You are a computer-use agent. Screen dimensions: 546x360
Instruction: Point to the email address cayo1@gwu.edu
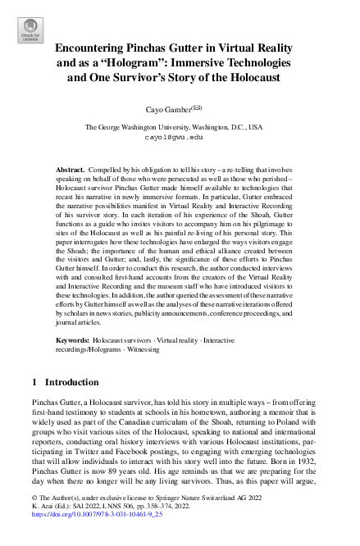pyautogui.click(x=179, y=139)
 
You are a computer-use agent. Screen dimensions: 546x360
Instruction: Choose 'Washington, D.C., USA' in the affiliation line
pyautogui.click(x=231, y=128)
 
